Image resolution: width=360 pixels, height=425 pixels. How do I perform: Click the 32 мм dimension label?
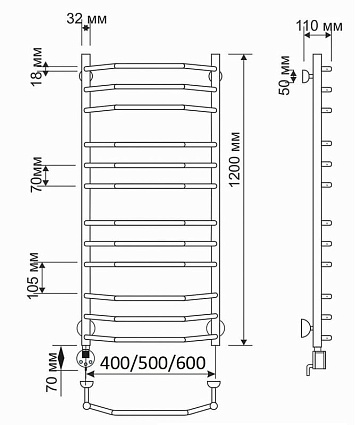click(x=87, y=19)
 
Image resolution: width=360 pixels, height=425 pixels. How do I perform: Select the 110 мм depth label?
click(x=319, y=26)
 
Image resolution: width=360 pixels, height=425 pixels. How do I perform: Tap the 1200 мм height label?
click(x=235, y=159)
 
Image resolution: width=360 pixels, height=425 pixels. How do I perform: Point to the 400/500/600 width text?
click(x=153, y=363)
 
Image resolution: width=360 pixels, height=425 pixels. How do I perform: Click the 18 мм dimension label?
click(x=37, y=67)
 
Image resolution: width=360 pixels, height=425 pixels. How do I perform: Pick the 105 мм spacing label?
click(x=33, y=276)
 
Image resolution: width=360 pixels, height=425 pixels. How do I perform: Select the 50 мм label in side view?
click(x=284, y=75)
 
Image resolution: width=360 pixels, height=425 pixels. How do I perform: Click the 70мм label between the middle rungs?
click(x=36, y=174)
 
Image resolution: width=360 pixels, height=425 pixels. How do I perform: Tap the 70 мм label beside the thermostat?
click(x=53, y=372)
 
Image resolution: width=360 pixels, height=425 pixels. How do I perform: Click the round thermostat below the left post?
click(x=85, y=358)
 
